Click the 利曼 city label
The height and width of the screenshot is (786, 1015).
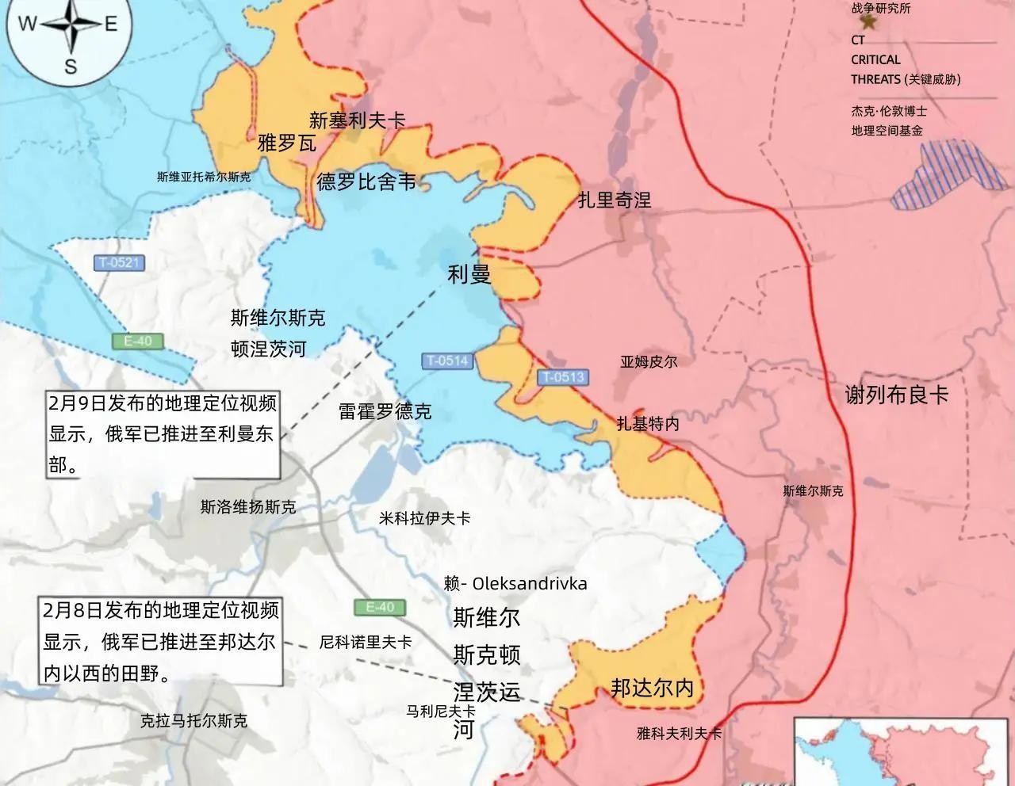pos(469,275)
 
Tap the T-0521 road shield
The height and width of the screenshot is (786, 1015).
pos(119,263)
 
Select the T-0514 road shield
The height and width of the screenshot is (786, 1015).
pos(448,361)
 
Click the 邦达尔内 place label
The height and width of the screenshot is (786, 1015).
pos(652,688)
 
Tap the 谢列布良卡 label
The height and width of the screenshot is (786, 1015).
pos(897,394)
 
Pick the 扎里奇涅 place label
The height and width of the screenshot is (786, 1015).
pos(615,200)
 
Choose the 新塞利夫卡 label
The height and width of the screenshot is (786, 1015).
pos(358,120)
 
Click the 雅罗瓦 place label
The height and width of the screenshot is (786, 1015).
pos(287,143)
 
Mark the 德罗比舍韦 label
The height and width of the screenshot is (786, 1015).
pos(366,182)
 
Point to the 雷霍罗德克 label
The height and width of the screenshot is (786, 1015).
pos(385,411)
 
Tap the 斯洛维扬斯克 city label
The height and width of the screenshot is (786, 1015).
pos(248,506)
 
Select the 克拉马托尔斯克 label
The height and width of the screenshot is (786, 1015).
pos(193,721)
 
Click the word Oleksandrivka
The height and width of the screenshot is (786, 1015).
pos(529,584)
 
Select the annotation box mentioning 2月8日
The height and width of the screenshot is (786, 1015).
pos(161,642)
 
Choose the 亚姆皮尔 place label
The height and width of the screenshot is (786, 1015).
pos(649,361)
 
